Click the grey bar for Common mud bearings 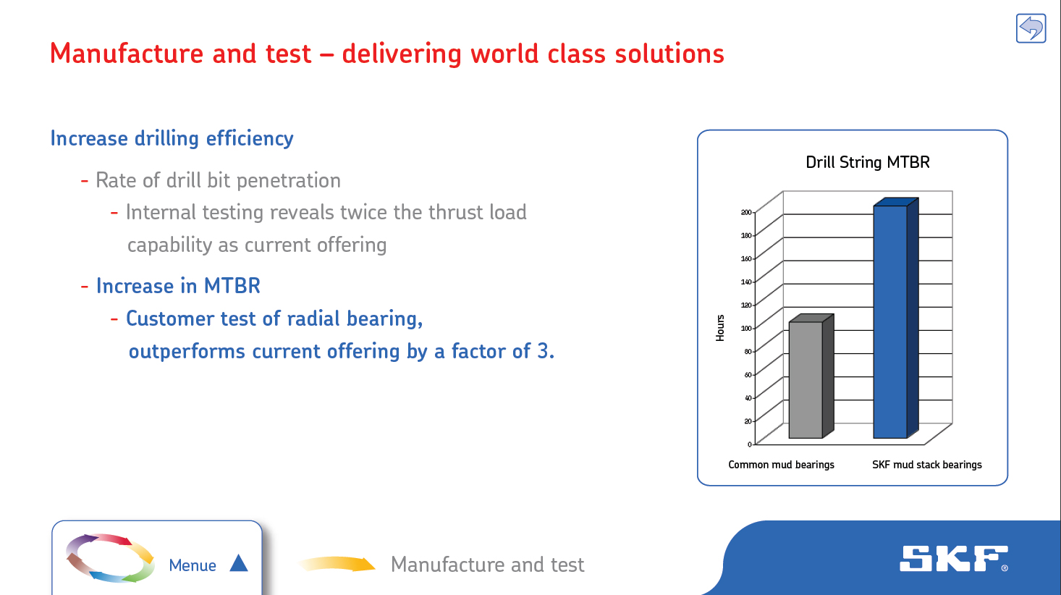811,376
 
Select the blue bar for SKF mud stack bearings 896,318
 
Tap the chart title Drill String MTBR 867,162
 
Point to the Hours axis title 720,328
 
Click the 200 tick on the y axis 746,212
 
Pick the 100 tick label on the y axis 746,329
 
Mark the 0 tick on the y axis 749,444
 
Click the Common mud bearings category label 781,465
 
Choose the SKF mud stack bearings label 927,465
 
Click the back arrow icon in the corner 1031,28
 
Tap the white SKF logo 953,559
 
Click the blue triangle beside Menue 239,562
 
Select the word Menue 193,565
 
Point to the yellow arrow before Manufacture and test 337,564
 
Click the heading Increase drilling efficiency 172,138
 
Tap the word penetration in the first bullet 289,181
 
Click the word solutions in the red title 669,54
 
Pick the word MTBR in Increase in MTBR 232,286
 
